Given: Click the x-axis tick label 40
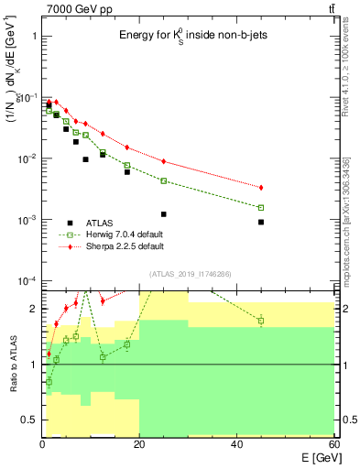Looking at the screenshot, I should (x=237, y=444).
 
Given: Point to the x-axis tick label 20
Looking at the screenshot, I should (x=139, y=444).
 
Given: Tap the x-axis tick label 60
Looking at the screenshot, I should (x=333, y=444).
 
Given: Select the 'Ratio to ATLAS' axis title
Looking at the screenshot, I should (x=11, y=365).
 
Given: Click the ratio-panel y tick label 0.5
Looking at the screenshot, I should (x=29, y=420).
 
